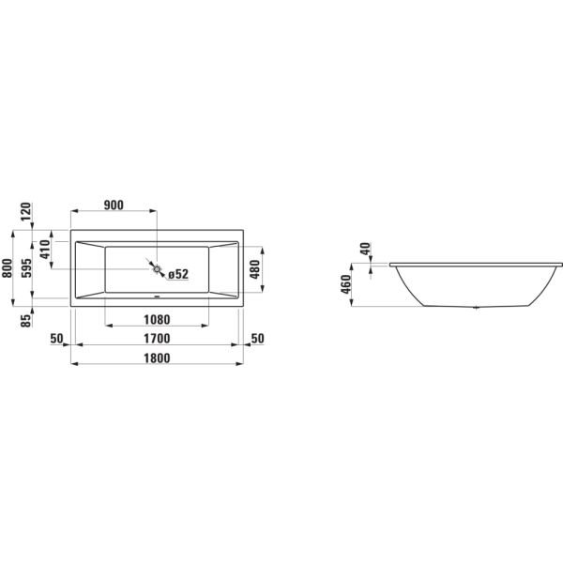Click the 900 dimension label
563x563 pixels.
[114, 206]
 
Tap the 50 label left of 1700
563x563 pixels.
[56, 338]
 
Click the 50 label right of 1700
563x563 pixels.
[259, 338]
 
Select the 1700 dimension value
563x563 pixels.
[156, 338]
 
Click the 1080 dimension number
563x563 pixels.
[156, 319]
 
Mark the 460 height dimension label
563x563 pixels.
[346, 284]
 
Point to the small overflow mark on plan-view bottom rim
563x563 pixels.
[157, 301]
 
